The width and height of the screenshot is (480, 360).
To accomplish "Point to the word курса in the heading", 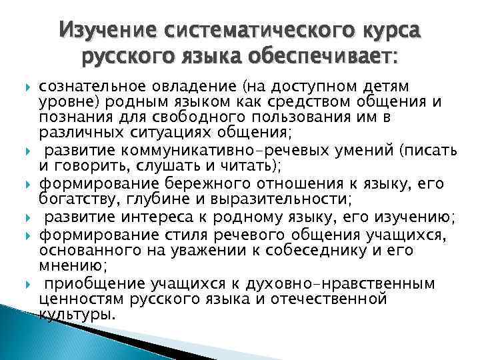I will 392,31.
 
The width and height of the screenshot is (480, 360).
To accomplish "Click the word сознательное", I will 81,87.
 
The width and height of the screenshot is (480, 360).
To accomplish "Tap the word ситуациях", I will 151,131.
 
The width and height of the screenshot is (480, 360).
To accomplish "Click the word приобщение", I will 85,284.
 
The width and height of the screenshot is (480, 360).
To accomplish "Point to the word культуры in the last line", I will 76,313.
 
